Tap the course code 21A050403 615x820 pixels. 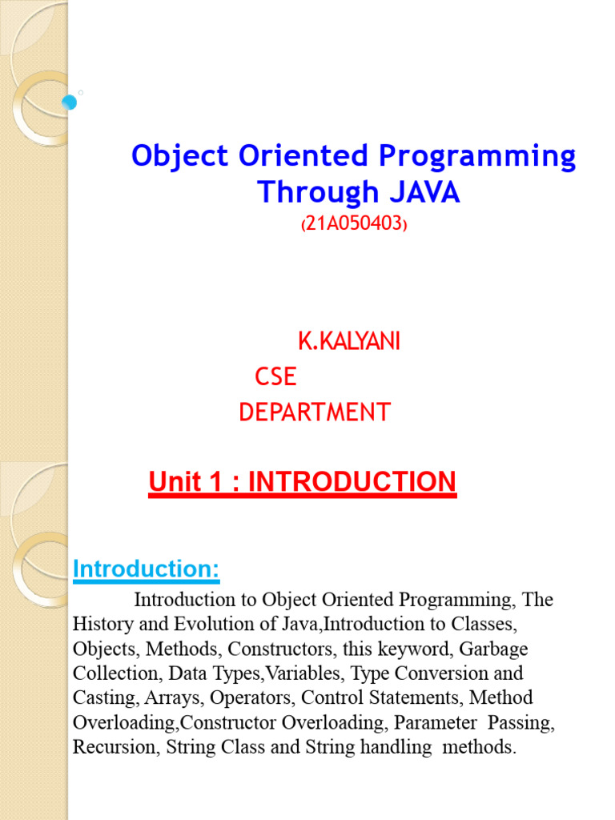pyautogui.click(x=354, y=226)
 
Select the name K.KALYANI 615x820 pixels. pyautogui.click(x=349, y=342)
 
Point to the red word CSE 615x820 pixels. pyautogui.click(x=275, y=376)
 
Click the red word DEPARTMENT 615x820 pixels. pyautogui.click(x=315, y=412)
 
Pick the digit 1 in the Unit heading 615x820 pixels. pyautogui.click(x=215, y=482)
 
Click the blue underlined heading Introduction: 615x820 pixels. pyautogui.click(x=146, y=569)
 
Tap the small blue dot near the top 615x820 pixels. pyautogui.click(x=69, y=102)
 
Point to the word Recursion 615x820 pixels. pyautogui.click(x=106, y=747)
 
